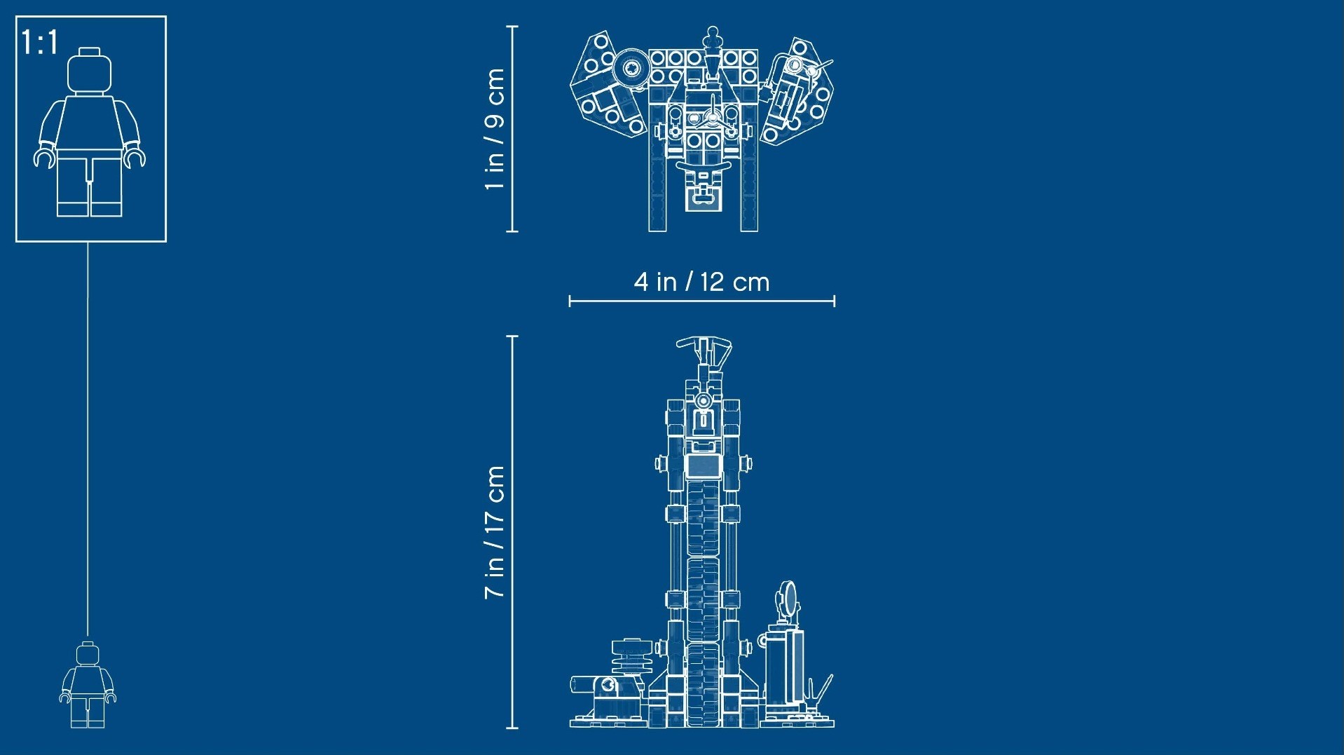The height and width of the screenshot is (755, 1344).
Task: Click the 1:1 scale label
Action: (x=39, y=42)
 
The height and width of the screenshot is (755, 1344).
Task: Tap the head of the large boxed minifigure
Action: (x=89, y=71)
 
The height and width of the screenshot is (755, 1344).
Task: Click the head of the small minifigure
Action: (x=88, y=653)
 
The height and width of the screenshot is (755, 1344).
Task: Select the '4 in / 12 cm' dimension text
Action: (x=701, y=282)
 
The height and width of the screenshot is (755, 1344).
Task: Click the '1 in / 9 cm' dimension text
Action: (x=495, y=129)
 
